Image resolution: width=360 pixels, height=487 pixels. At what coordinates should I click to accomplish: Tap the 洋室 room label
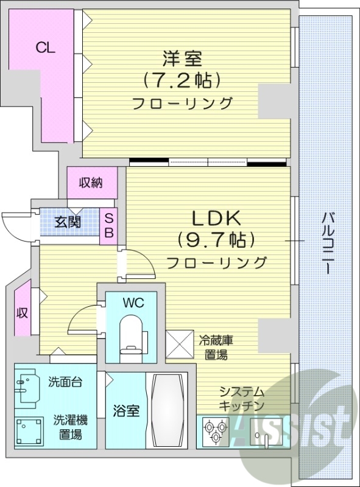(x=182, y=59)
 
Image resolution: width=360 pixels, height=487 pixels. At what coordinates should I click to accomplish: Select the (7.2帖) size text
(x=182, y=80)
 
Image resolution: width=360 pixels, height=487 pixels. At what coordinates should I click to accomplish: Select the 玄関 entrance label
(x=68, y=222)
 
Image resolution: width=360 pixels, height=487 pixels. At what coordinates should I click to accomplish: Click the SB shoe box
(x=110, y=225)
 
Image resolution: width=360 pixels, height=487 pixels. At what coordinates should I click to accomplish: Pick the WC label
(x=132, y=302)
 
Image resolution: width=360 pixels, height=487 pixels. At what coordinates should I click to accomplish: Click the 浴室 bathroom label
(x=127, y=411)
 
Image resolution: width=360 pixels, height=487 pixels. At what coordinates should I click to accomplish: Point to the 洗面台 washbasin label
(x=65, y=382)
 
